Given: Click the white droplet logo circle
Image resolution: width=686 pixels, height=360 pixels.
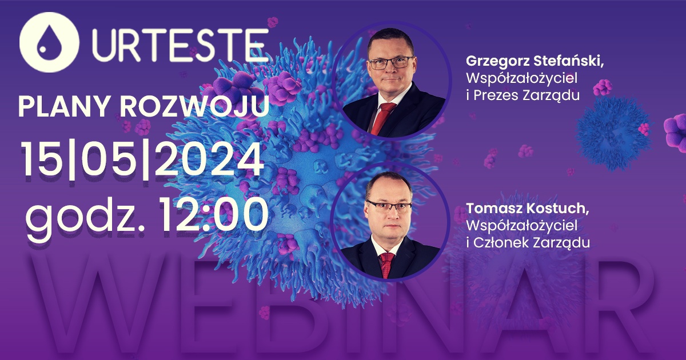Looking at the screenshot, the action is pyautogui.click(x=49, y=42).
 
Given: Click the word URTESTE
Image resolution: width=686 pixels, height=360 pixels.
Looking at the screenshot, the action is pyautogui.click(x=180, y=45).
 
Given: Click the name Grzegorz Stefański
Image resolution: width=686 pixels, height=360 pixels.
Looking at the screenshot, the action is pyautogui.click(x=535, y=61).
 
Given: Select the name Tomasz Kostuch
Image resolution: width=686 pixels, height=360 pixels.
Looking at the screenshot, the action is pyautogui.click(x=527, y=209).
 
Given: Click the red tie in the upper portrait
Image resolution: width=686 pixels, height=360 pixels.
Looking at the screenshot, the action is pyautogui.click(x=382, y=118).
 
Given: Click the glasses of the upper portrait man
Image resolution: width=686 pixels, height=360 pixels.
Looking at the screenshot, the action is pyautogui.click(x=392, y=62).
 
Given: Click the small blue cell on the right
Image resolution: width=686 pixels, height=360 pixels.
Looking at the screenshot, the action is pyautogui.click(x=612, y=133).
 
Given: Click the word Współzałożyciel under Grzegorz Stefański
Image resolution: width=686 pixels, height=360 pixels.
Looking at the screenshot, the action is pyautogui.click(x=521, y=78).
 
